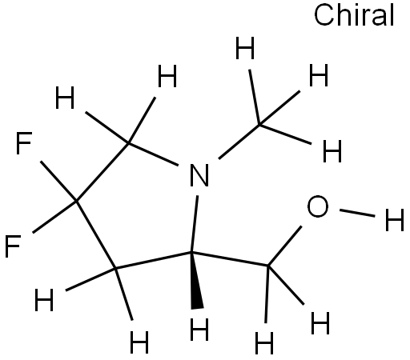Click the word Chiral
tap(354, 15)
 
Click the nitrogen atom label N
tap(199, 175)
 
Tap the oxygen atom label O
tap(318, 206)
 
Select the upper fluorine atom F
tap(24, 143)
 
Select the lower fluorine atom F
tap(13, 246)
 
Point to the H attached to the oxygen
tap(395, 220)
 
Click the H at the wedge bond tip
tap(199, 329)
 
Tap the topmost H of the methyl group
tap(245, 48)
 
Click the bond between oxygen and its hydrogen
tap(357, 213)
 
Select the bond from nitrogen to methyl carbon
tap(239, 142)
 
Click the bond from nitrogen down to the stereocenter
tap(195, 224)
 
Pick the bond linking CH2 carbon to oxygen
tap(285, 246)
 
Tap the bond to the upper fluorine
tap(58, 181)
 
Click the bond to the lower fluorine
tap(54, 217)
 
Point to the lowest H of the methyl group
tap(332, 151)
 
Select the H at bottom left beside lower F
tap(44, 300)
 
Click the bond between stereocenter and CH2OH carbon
tap(230, 258)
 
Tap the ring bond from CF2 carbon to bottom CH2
tap(96, 234)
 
